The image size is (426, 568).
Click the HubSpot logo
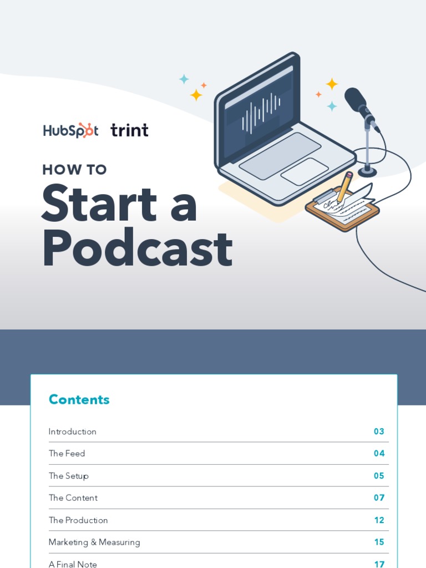pyautogui.click(x=70, y=130)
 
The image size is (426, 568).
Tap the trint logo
pyautogui.click(x=129, y=130)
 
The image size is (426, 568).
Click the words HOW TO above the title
pyautogui.click(x=74, y=169)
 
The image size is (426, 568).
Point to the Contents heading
pyautogui.click(x=79, y=399)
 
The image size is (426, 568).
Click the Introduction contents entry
pyautogui.click(x=73, y=432)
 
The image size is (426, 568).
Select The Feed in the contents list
pyautogui.click(x=67, y=454)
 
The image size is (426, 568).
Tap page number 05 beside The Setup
pyautogui.click(x=379, y=476)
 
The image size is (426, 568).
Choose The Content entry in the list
pyautogui.click(x=73, y=498)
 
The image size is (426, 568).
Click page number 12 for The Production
pyautogui.click(x=379, y=520)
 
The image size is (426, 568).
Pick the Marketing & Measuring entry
pyautogui.click(x=94, y=542)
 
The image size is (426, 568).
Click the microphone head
pyautogui.click(x=356, y=100)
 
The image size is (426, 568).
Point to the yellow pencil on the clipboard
pyautogui.click(x=344, y=187)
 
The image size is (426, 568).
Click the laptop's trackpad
pyautogui.click(x=305, y=171)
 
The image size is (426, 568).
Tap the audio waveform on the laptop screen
pyautogui.click(x=261, y=113)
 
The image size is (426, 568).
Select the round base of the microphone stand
pyautogui.click(x=367, y=172)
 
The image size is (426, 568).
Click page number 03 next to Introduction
pyautogui.click(x=379, y=432)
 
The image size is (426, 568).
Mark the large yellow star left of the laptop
pyautogui.click(x=196, y=95)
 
